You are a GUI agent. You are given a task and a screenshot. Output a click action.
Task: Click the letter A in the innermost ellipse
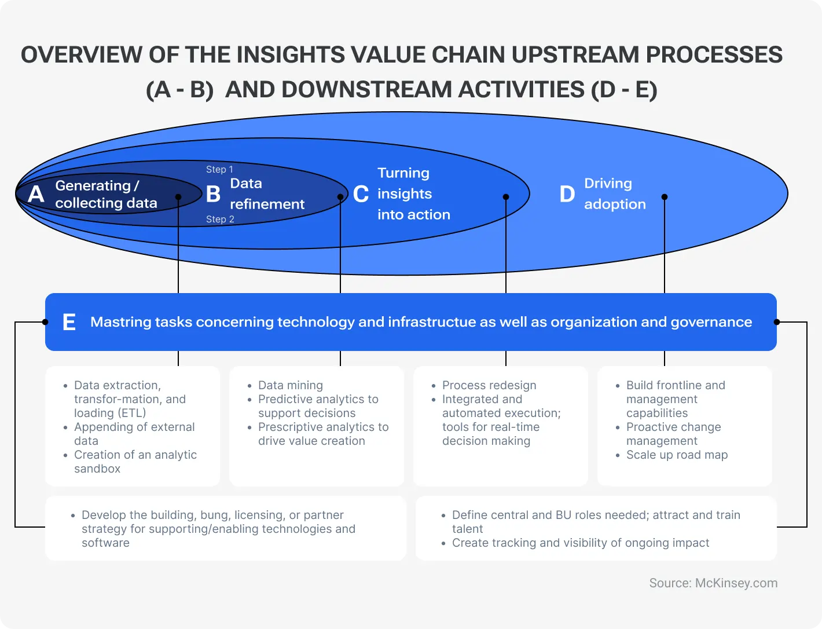[x=36, y=194]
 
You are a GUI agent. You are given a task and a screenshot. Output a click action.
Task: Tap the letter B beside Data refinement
[x=213, y=194]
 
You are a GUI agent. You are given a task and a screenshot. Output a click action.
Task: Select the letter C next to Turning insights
[x=361, y=194]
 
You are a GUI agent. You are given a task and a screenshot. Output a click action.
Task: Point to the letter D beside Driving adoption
[x=567, y=194]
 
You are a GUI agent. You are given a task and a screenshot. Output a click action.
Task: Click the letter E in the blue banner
[x=69, y=322]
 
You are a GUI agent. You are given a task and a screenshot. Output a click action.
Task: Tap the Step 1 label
[x=219, y=169]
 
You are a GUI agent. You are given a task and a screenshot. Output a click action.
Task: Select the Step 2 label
[x=220, y=219]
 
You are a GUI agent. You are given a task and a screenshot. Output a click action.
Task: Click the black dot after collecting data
[x=178, y=197]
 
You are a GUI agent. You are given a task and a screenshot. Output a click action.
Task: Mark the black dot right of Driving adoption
[x=665, y=197]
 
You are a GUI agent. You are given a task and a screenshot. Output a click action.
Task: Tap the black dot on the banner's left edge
[x=45, y=322]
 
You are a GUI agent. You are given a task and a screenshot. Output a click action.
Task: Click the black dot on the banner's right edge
[x=777, y=322]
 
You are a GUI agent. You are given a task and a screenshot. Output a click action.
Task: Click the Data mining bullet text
[x=290, y=385]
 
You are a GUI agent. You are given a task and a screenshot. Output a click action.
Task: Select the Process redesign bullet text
[x=489, y=385]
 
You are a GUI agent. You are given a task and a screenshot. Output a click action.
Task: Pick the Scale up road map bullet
[x=677, y=455]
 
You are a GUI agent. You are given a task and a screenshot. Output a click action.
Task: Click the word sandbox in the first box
[x=97, y=469]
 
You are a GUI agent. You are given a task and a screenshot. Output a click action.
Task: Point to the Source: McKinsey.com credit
[x=713, y=583]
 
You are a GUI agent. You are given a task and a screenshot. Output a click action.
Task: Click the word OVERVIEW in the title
[x=81, y=55]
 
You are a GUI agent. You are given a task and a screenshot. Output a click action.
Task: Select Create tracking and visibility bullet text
[x=580, y=543]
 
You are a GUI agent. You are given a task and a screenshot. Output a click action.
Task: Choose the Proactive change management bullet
[x=673, y=434]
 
